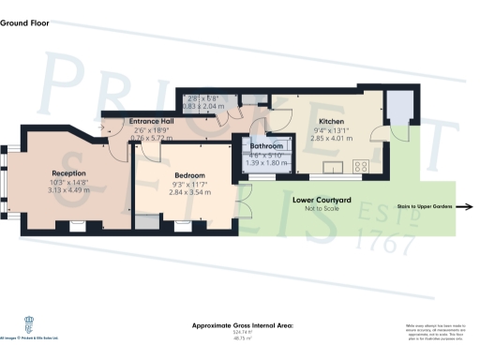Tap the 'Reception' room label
(68, 174)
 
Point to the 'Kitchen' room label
(333, 123)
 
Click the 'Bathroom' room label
(266, 147)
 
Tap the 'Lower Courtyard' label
(321, 200)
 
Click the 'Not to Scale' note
(321, 208)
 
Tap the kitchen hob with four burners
(360, 168)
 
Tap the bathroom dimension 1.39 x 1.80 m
(266, 163)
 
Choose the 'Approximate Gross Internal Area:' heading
(243, 324)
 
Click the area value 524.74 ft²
(243, 332)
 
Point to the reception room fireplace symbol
(74, 224)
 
